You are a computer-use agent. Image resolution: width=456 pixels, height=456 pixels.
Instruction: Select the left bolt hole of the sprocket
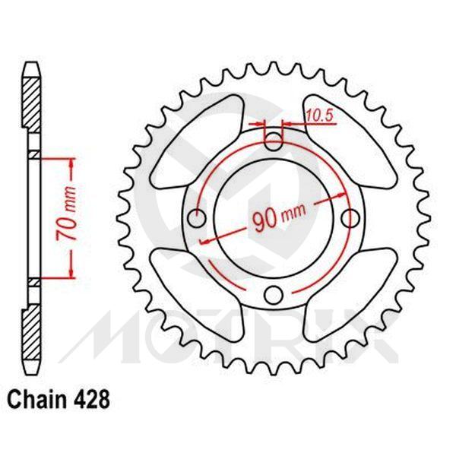[195, 218]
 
